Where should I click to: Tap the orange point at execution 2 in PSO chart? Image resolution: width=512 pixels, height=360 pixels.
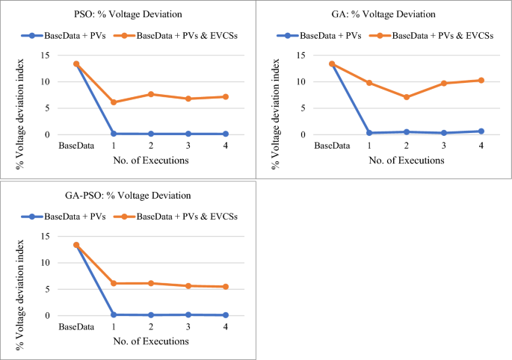coord(151,94)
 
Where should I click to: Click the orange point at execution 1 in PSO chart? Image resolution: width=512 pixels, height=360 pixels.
coord(114,102)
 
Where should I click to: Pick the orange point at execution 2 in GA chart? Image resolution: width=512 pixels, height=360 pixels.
coord(407,97)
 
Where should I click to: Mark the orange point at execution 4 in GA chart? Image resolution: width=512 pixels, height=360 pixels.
coord(481,80)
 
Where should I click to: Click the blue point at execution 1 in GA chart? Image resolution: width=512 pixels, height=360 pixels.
coord(369,133)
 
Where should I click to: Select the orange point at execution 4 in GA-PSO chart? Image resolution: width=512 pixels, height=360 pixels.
coord(226,287)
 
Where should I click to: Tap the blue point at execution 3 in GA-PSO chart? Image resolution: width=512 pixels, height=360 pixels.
coord(188,314)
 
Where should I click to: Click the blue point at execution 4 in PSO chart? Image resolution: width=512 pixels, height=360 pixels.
coord(226,134)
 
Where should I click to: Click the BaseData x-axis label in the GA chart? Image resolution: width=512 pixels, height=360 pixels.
coord(331,145)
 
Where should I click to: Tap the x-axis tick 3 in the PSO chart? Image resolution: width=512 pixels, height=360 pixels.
coord(188,145)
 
